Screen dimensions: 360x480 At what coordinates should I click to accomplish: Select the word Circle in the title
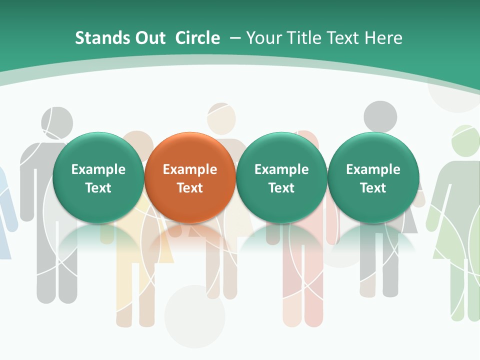pyautogui.click(x=197, y=38)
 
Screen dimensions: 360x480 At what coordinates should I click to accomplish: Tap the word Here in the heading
pyautogui.click(x=383, y=38)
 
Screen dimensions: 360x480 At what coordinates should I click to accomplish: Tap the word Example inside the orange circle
pyautogui.click(x=189, y=169)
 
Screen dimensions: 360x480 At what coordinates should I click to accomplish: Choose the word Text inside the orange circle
pyautogui.click(x=189, y=188)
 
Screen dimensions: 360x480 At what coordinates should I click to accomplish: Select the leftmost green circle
pyautogui.click(x=98, y=177)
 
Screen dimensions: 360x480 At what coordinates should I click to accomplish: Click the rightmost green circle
pyautogui.click(x=373, y=177)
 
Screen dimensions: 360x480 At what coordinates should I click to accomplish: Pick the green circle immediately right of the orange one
pyautogui.click(x=281, y=177)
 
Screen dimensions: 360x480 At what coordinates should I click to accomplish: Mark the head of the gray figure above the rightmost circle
pyautogui.click(x=380, y=117)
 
